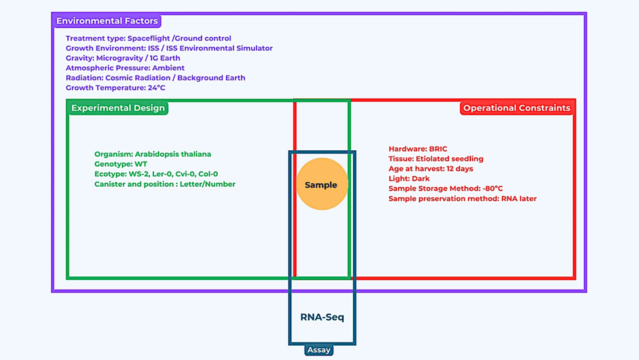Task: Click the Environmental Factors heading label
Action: click(107, 21)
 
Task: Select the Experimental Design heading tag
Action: click(118, 108)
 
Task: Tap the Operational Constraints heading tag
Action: click(516, 108)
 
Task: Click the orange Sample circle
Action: click(321, 184)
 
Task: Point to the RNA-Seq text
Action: click(322, 317)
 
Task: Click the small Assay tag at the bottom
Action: click(318, 350)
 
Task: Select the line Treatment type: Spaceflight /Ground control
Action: click(149, 39)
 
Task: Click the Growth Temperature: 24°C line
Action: click(115, 88)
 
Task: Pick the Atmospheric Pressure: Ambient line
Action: click(125, 68)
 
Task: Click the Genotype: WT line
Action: click(121, 164)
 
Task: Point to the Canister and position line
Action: click(165, 184)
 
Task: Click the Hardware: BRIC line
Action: click(417, 149)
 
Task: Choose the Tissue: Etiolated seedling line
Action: click(436, 159)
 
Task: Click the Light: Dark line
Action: click(409, 179)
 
